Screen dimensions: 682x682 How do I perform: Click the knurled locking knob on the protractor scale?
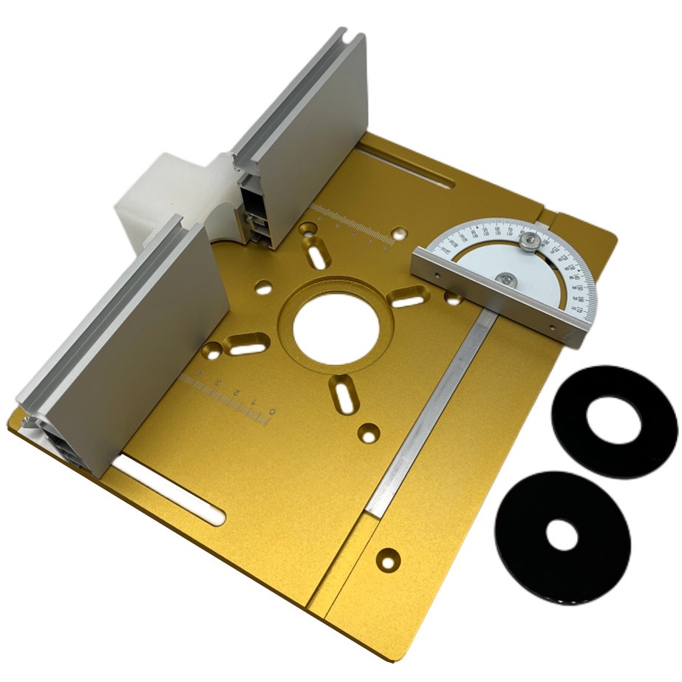click(528, 241)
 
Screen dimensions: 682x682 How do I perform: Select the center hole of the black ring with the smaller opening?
click(563, 533)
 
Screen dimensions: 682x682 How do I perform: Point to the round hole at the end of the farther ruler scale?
click(400, 231)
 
